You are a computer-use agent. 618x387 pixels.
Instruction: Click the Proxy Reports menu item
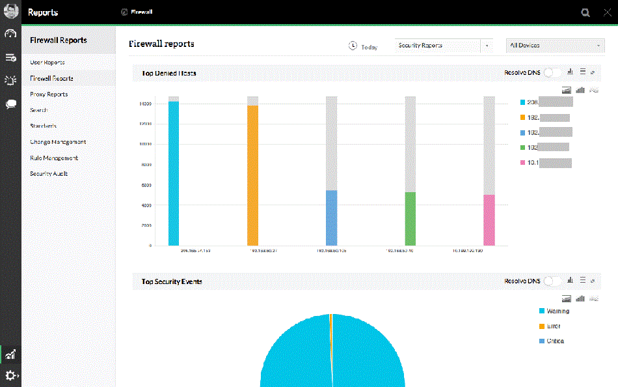[x=49, y=94]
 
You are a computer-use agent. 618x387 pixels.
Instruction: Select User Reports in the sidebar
[x=47, y=63]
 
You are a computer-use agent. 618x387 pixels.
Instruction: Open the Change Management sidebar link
[x=58, y=142]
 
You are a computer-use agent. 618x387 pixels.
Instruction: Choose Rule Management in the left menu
[x=54, y=158]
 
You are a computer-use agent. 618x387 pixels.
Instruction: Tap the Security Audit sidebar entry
[x=49, y=174]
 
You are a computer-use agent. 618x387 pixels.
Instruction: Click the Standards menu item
[x=43, y=126]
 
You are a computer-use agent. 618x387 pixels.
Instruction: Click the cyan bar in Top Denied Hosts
[x=173, y=173]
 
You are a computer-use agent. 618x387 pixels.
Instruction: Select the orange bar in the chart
[x=252, y=175]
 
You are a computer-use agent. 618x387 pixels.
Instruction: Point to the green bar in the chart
[x=410, y=218]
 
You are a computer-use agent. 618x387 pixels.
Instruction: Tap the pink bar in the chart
[x=489, y=220]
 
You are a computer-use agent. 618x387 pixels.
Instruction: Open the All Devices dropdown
[x=555, y=46]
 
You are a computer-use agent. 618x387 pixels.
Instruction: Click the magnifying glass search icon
[x=586, y=12]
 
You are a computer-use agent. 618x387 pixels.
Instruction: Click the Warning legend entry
[x=558, y=311]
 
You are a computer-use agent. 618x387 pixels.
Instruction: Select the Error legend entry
[x=553, y=326]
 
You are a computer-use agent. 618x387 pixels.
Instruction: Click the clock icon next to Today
[x=353, y=46]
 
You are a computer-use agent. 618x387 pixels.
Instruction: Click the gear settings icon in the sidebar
[x=11, y=375]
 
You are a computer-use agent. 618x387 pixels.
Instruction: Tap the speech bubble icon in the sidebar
[x=11, y=104]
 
